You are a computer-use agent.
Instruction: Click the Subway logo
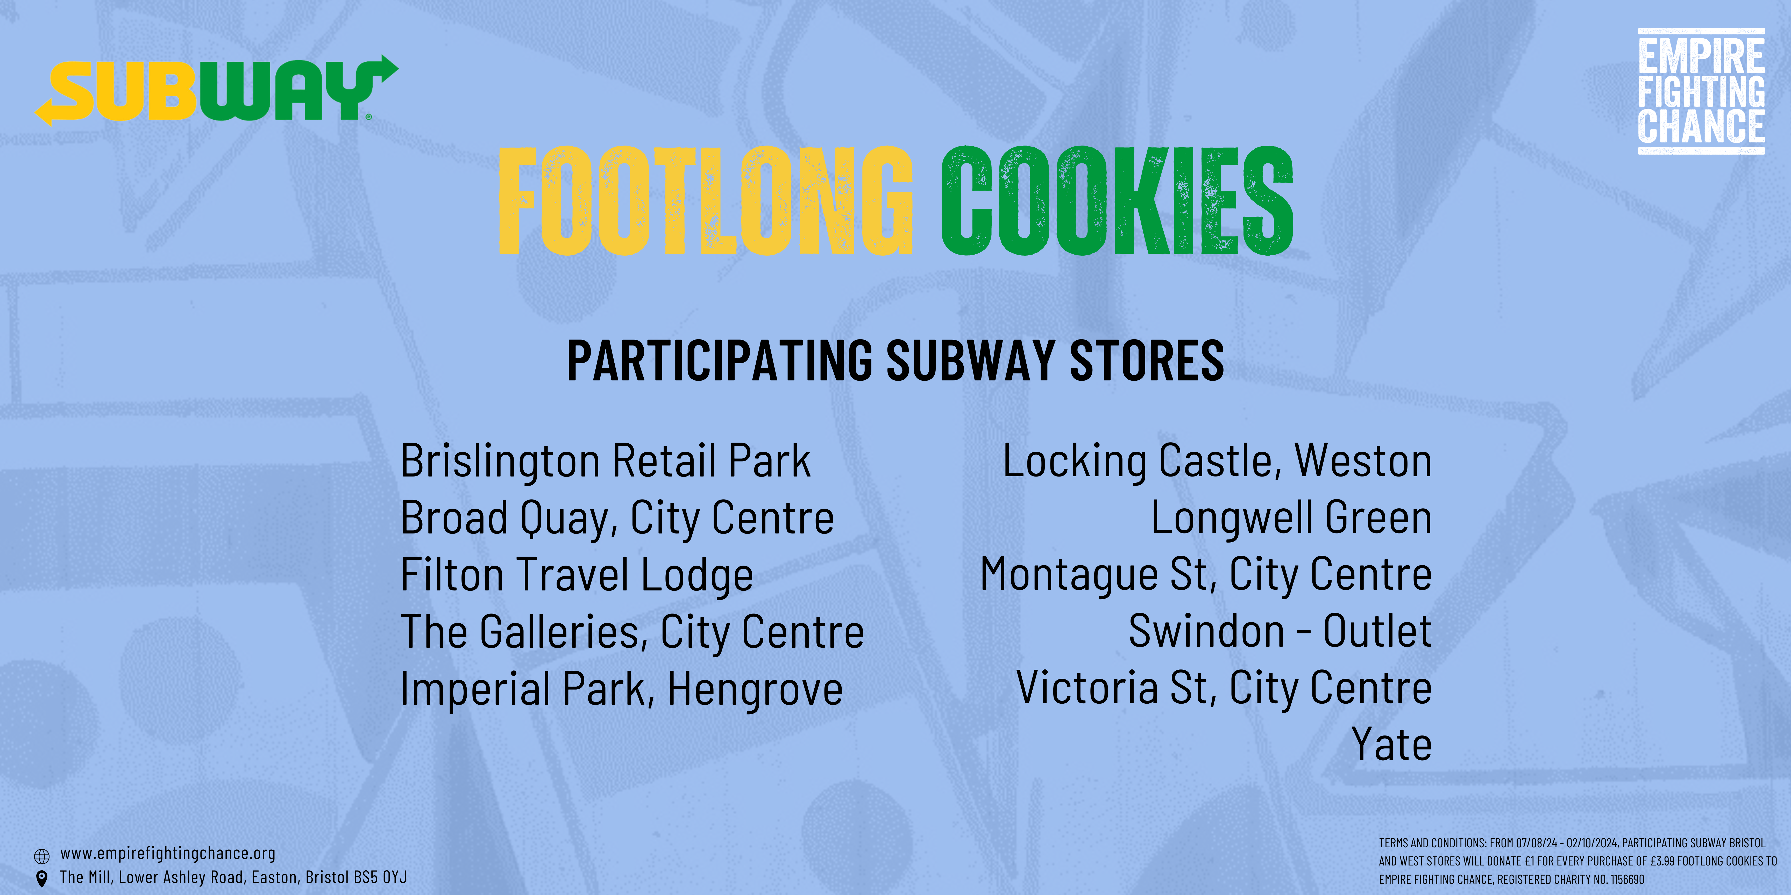[216, 90]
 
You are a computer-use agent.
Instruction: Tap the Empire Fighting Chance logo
[1701, 91]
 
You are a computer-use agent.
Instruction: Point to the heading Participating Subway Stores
[895, 361]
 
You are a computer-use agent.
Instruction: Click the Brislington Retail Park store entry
[606, 461]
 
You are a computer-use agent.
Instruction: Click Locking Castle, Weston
[1217, 461]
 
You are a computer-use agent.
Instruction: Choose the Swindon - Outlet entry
[1280, 632]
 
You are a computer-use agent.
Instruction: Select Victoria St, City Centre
[1224, 689]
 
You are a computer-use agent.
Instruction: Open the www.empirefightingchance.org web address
[168, 853]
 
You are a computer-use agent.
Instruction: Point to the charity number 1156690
[1627, 879]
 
